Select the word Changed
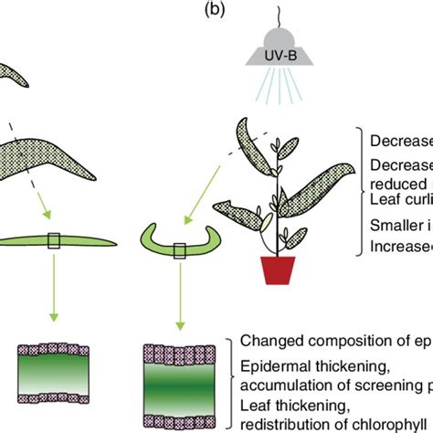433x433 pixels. pos(271,341)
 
